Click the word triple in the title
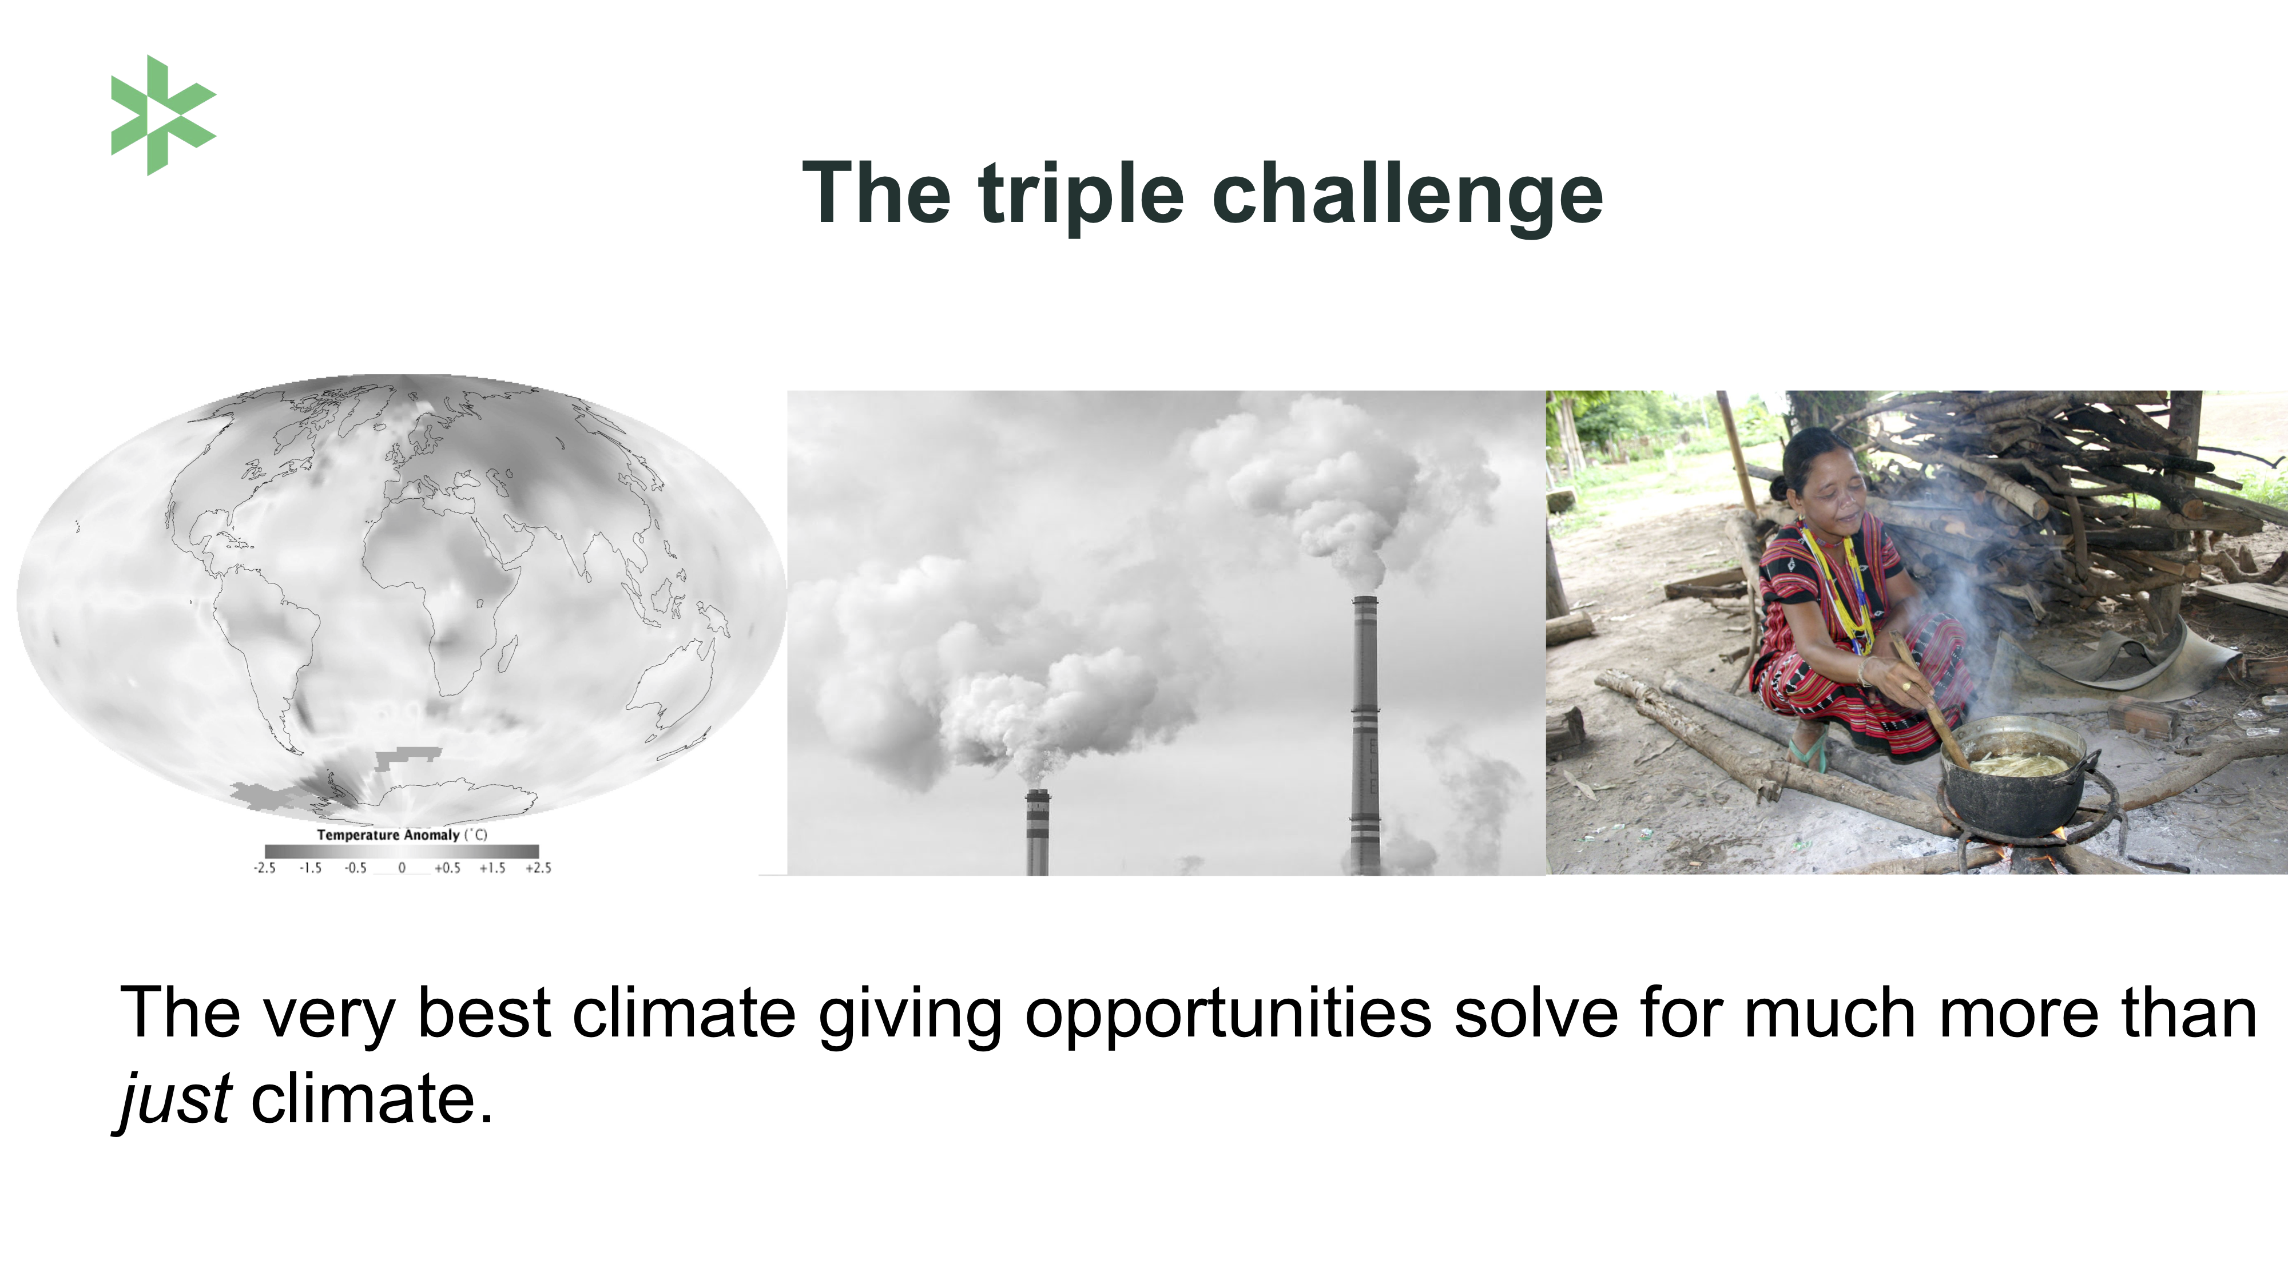pos(1081,196)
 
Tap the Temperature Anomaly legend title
pos(402,835)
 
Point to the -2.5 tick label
pos(265,868)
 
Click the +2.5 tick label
pos(538,868)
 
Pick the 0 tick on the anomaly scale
pos(402,868)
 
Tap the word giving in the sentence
pos(911,1014)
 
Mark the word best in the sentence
pos(484,1012)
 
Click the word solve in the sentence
pos(1536,1012)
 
